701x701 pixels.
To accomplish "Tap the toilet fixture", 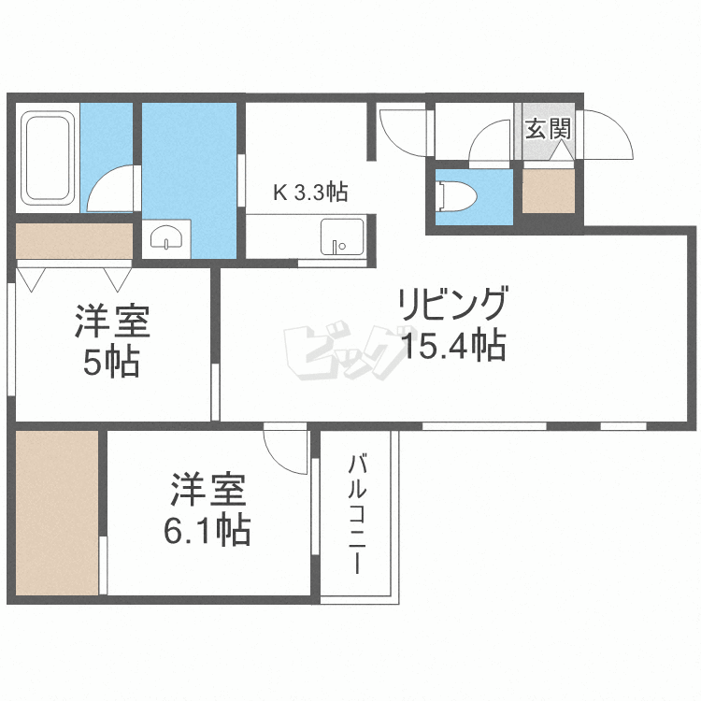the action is click(458, 196).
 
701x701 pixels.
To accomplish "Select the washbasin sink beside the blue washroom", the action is click(166, 237).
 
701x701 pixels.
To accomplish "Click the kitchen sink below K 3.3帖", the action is click(342, 237).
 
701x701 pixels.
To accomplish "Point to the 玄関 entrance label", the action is click(548, 129).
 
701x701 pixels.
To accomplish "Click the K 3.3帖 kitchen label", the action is click(310, 193).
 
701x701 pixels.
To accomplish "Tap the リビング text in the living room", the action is click(453, 304).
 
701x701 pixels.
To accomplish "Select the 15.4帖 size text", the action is click(453, 345).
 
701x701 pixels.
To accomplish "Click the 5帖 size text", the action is click(111, 362).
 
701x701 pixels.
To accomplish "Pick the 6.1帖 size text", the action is click(207, 530).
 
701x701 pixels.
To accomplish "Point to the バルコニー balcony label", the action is click(357, 514).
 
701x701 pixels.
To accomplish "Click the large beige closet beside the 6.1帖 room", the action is click(57, 513).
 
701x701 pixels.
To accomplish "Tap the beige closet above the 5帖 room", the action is click(74, 241).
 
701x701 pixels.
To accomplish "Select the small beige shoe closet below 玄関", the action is click(549, 191).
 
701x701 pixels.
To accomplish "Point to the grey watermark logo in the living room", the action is click(344, 350).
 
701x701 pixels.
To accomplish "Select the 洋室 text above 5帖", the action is click(112, 321).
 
